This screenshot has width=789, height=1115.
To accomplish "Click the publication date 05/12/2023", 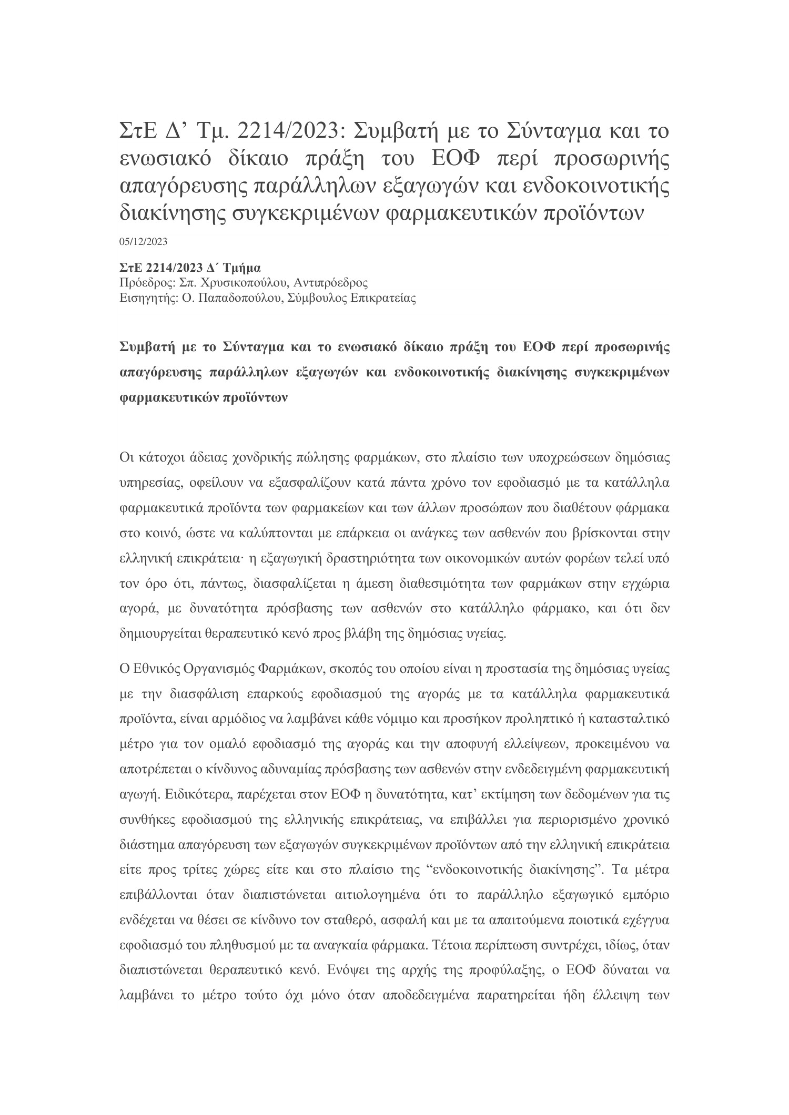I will (x=143, y=242).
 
